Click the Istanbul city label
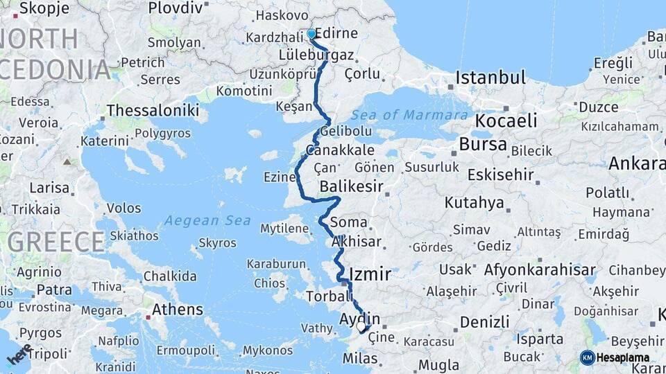click(x=490, y=78)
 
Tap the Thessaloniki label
click(x=153, y=110)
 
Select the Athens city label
click(x=177, y=310)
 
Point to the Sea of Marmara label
click(x=409, y=115)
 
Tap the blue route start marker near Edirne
click(x=311, y=34)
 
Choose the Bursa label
click(x=483, y=145)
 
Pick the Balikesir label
click(x=352, y=186)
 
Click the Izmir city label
click(x=369, y=274)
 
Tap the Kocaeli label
click(x=506, y=121)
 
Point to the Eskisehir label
click(x=500, y=175)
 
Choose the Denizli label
click(x=484, y=321)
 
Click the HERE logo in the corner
click(x=19, y=355)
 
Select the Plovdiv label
click(x=175, y=8)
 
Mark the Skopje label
click(x=44, y=8)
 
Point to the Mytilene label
click(x=284, y=228)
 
